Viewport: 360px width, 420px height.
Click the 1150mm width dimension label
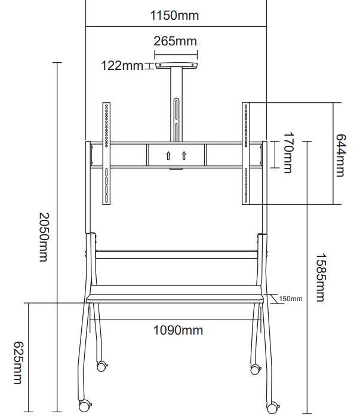tap(174, 16)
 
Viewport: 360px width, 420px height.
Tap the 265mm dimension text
tap(176, 41)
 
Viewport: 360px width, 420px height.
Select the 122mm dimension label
tap(122, 65)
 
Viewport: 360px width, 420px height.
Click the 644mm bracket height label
tap(341, 155)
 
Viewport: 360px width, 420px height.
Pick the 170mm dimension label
tap(289, 152)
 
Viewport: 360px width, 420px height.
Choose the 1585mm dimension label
tap(321, 277)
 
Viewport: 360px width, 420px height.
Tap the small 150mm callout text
tap(291, 299)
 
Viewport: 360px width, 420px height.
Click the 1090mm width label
tap(178, 330)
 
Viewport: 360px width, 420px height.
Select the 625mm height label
tap(18, 363)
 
